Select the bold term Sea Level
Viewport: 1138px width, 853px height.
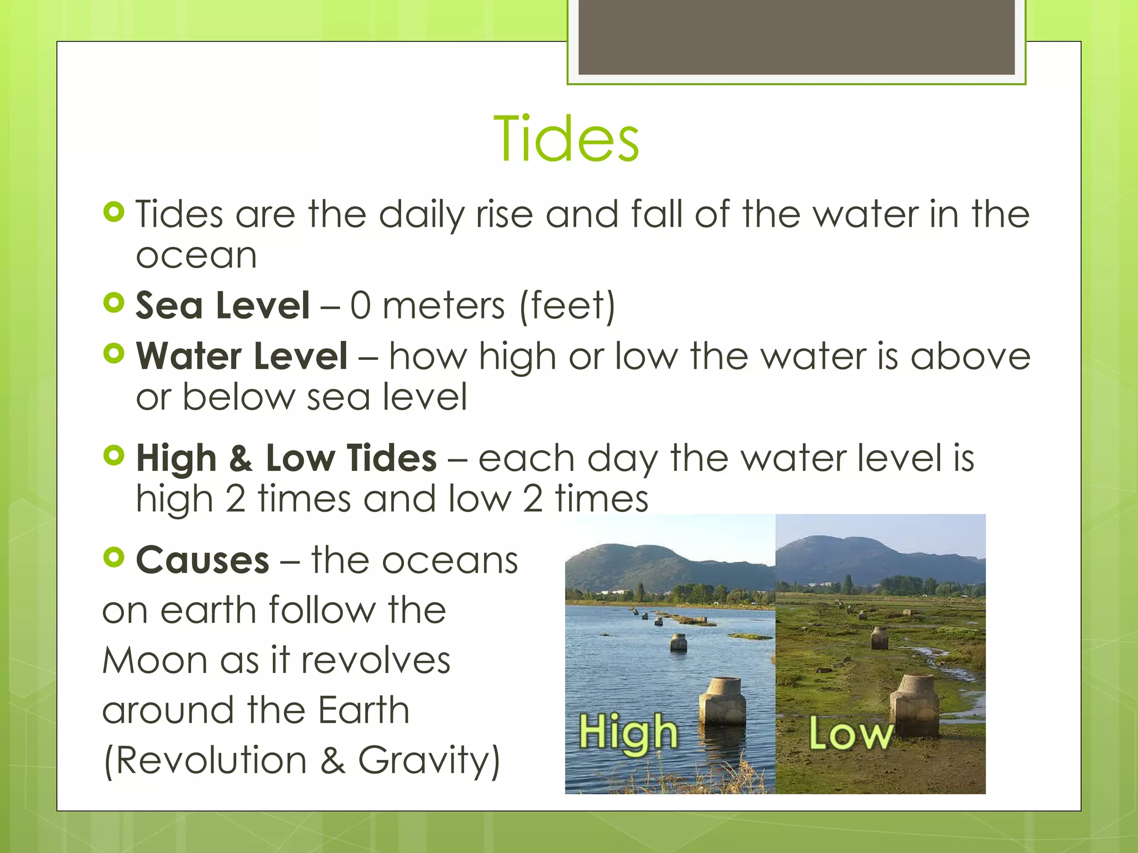coord(222,305)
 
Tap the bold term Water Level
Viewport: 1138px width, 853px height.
coord(242,356)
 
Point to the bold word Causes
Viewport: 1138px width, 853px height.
coord(203,560)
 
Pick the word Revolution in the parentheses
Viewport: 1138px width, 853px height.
coord(211,760)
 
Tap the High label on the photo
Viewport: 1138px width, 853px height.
coord(628,732)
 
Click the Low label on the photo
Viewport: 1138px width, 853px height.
coord(850,734)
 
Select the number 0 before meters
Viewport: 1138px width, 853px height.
coord(360,305)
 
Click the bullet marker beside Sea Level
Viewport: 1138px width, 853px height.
coord(114,303)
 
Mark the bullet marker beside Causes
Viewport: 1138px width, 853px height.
coord(114,557)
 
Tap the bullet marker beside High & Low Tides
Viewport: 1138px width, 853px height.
coord(114,455)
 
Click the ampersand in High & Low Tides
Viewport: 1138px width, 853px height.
coord(241,459)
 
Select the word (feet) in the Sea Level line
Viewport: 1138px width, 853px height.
coord(567,305)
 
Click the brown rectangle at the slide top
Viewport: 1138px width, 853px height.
coord(796,37)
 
